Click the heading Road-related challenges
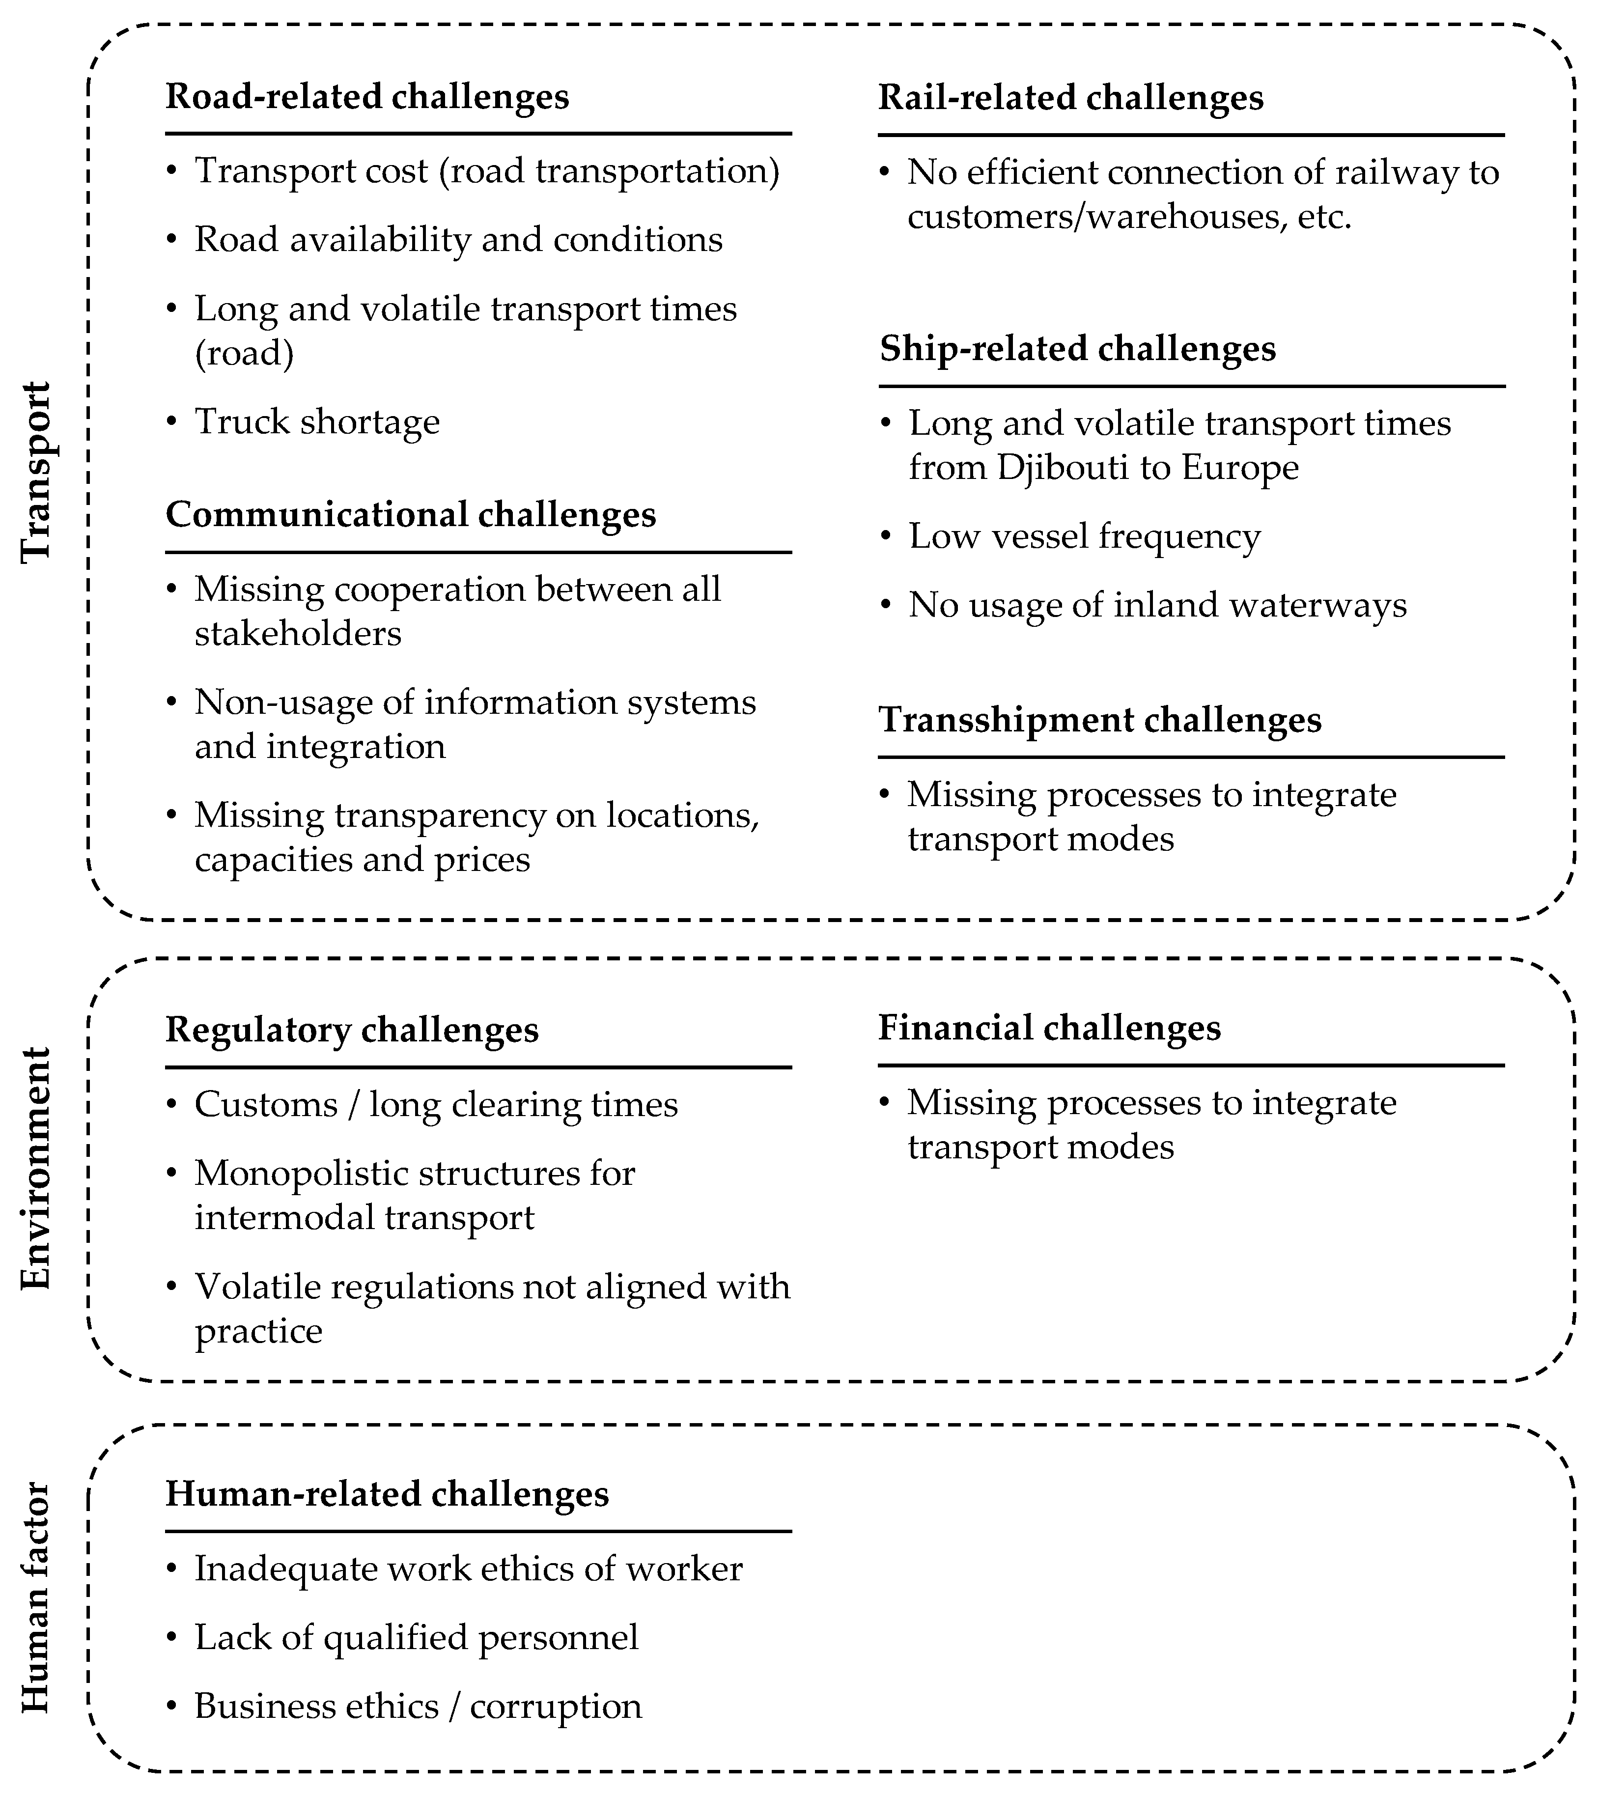(367, 97)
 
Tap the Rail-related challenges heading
(1070, 97)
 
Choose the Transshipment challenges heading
(1099, 720)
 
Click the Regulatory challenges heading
(352, 1030)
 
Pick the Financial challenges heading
(1049, 1028)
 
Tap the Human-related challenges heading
(387, 1494)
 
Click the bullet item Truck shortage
(317, 422)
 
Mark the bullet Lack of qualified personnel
(416, 1638)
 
